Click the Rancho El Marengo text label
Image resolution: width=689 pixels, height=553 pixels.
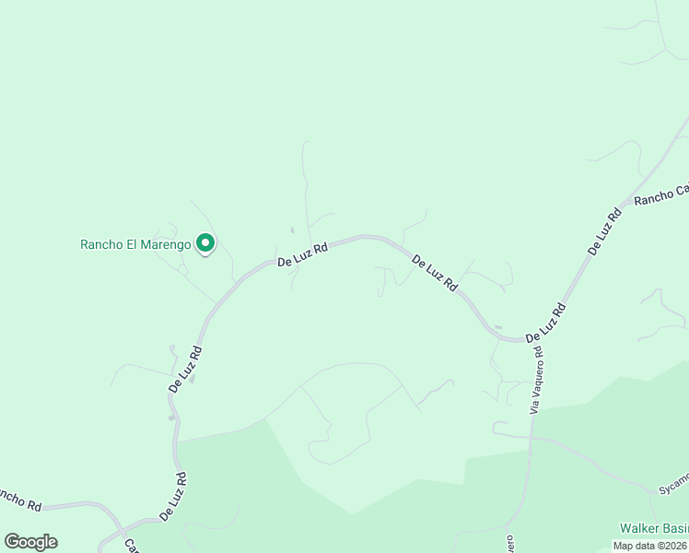(135, 244)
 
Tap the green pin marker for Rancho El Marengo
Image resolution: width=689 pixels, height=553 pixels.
(205, 243)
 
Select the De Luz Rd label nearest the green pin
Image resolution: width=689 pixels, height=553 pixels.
(302, 255)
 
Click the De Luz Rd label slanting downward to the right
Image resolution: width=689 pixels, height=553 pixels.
(435, 274)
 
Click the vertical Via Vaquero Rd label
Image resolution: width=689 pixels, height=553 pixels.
(537, 381)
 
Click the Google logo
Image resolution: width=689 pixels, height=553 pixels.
(30, 542)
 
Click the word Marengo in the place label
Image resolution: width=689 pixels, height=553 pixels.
(166, 244)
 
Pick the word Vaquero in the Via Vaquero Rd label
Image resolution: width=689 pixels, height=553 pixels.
(536, 375)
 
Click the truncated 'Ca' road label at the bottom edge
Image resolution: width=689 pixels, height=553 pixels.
(131, 546)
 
